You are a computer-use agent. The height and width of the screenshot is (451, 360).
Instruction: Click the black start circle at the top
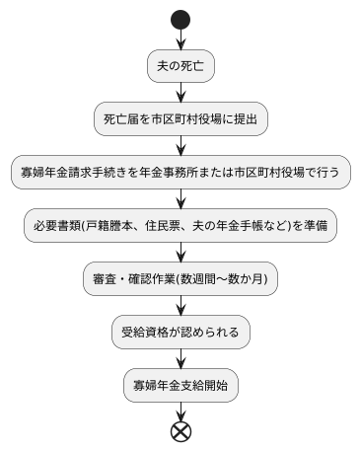click(x=180, y=19)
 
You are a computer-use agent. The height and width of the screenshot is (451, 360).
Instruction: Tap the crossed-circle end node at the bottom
click(x=180, y=430)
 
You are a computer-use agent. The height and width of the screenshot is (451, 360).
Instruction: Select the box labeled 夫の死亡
click(x=180, y=65)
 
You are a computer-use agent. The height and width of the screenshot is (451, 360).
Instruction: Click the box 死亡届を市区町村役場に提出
click(x=180, y=118)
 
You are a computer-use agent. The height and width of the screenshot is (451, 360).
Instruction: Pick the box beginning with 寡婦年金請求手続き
click(x=180, y=172)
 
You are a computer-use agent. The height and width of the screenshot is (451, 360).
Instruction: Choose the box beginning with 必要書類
click(x=180, y=225)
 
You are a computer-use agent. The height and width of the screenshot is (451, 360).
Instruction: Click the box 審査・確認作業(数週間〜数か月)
click(x=180, y=278)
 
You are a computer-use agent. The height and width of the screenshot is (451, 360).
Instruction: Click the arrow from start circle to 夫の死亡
click(x=180, y=39)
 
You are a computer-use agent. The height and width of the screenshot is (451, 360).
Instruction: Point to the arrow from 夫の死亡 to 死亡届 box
click(x=180, y=92)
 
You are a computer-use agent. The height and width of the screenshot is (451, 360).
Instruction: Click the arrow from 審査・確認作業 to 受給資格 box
click(x=180, y=305)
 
